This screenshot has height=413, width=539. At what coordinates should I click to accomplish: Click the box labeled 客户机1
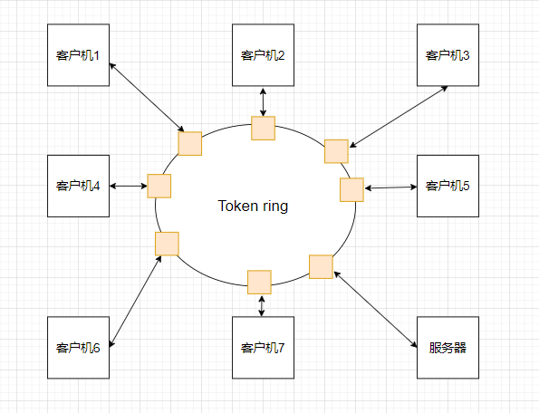(79, 55)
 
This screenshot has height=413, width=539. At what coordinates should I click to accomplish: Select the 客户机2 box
(263, 55)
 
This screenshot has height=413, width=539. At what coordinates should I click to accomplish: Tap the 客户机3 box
(448, 55)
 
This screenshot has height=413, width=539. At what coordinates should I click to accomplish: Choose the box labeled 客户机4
(79, 186)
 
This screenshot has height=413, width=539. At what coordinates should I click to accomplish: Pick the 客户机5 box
(448, 186)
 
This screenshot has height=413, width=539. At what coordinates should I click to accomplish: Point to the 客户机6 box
(79, 348)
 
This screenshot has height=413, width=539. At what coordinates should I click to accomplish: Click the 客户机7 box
(263, 348)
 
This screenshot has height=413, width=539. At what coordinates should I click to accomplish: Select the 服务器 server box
(448, 348)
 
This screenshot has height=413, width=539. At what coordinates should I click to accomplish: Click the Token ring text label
(253, 206)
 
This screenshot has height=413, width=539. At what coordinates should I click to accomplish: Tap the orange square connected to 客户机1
(189, 144)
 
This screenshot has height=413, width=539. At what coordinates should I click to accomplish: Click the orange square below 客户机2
(263, 129)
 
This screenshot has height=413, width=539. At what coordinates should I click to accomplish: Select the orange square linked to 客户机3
(336, 151)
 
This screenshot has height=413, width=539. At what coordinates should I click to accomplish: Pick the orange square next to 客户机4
(159, 186)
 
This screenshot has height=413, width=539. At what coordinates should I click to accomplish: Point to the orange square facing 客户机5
(351, 189)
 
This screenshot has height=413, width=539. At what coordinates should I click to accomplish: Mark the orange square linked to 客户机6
(167, 244)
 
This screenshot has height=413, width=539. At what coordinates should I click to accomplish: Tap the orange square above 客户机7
(259, 282)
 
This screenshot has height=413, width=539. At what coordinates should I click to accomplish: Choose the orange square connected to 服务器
(321, 266)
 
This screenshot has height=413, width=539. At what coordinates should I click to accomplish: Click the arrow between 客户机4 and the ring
(129, 186)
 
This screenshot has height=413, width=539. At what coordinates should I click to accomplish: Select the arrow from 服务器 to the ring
(375, 309)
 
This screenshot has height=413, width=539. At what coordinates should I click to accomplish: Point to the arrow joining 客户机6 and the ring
(136, 302)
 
